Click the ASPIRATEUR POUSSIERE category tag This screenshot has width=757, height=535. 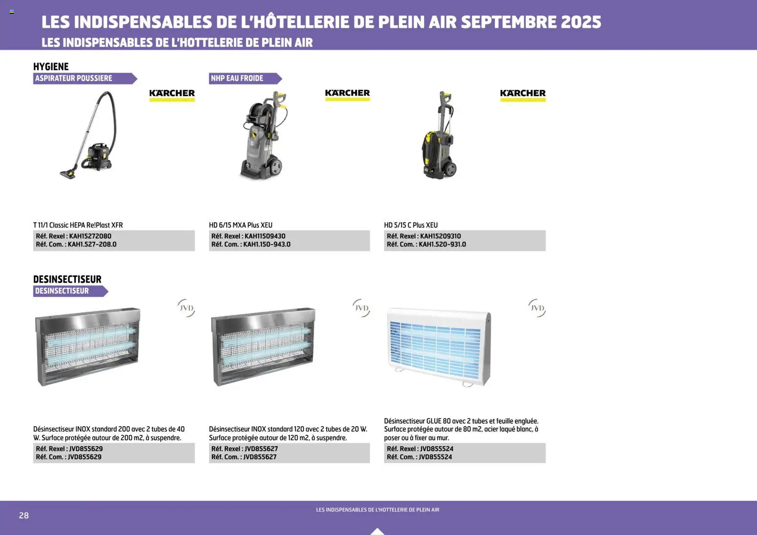(x=84, y=79)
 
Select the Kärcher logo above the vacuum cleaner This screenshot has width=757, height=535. (x=172, y=94)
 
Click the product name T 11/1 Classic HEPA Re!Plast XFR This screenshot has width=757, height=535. (x=78, y=225)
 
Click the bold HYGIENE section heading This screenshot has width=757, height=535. (x=51, y=66)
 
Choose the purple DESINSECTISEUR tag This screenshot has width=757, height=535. (x=69, y=291)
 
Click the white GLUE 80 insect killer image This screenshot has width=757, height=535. (x=439, y=347)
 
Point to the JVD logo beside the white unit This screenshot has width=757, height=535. (x=537, y=308)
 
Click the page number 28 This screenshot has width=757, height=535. (x=24, y=515)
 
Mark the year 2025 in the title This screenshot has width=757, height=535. (x=581, y=22)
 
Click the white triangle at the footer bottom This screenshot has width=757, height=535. (x=378, y=531)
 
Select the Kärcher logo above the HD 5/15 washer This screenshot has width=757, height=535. (x=523, y=94)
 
